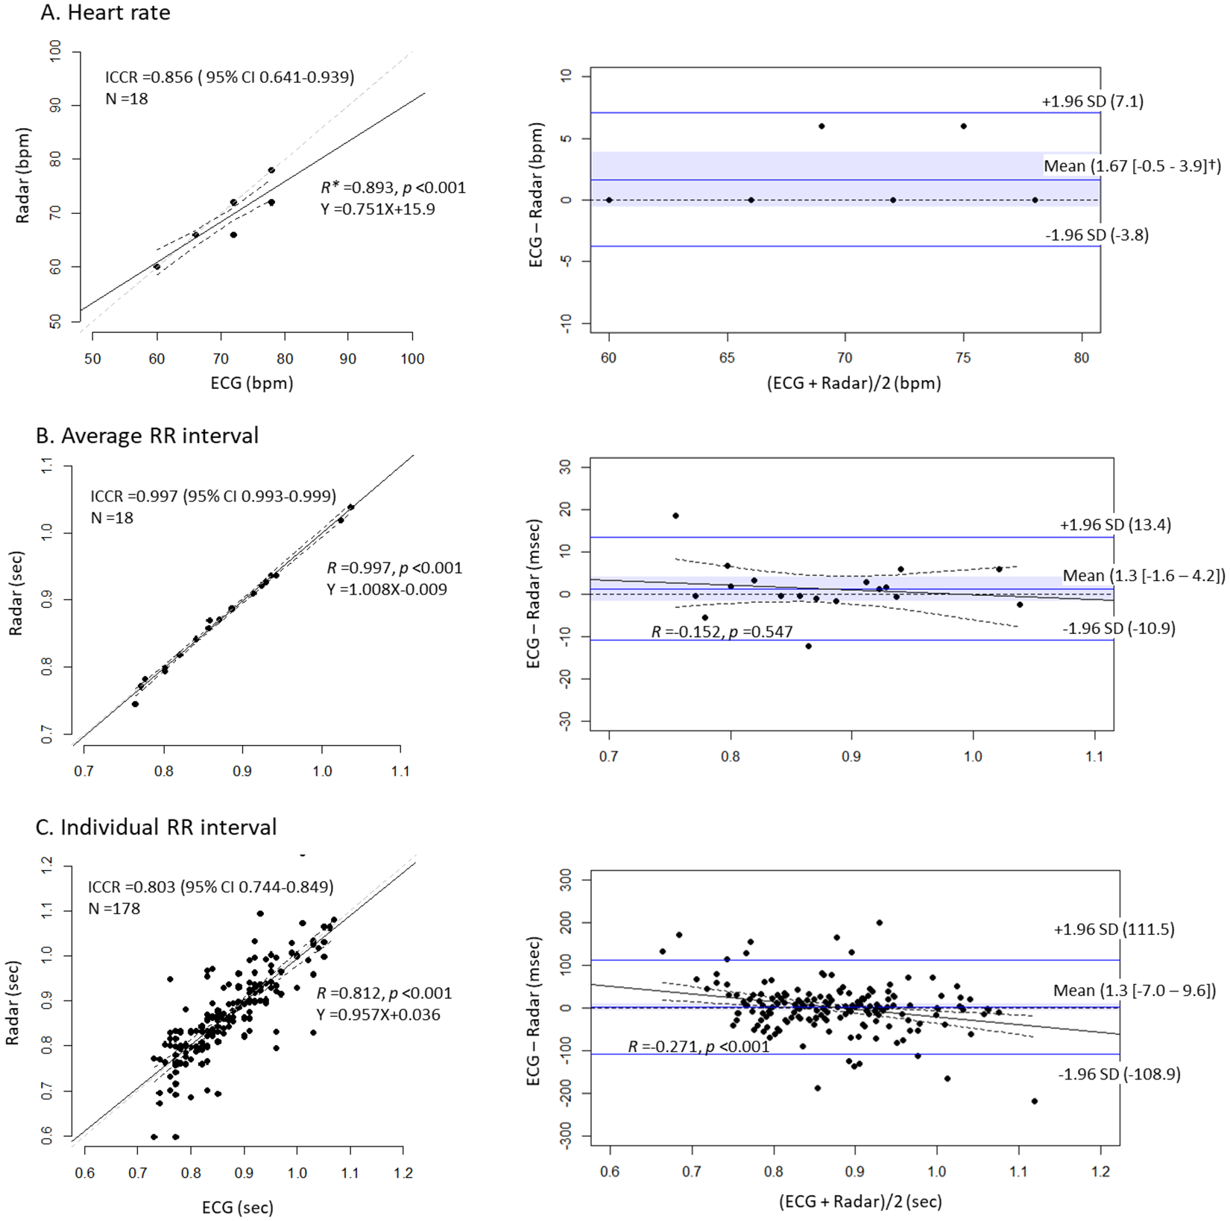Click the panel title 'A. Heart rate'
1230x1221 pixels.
105,13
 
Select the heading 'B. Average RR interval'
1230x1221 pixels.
147,436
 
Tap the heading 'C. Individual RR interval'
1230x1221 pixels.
156,828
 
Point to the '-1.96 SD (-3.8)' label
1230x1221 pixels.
1096,235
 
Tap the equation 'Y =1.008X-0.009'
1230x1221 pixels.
386,589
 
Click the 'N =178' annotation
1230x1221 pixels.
114,909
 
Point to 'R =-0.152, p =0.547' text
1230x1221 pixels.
722,632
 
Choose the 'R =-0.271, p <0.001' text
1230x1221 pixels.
698,1047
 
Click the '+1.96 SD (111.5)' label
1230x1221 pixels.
1114,930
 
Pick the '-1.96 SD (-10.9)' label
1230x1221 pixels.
1118,629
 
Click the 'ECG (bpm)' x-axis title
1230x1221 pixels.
252,384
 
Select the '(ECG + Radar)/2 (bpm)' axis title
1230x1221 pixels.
854,384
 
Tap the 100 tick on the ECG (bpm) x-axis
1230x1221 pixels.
412,359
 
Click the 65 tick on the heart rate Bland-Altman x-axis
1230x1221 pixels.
727,358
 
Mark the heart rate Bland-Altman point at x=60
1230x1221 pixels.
609,200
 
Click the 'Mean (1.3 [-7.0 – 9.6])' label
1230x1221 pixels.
1134,991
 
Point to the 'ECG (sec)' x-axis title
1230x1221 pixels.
237,1208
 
